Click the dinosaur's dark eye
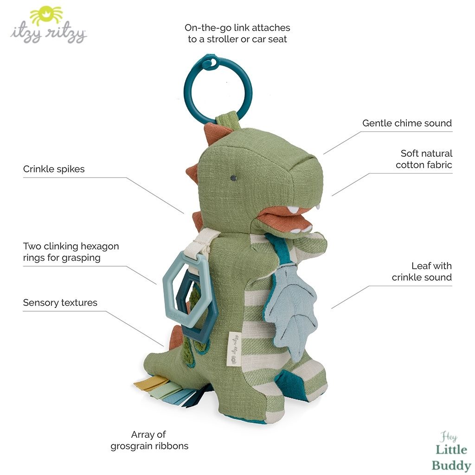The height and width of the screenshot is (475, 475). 233,178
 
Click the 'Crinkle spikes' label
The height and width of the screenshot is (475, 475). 54,169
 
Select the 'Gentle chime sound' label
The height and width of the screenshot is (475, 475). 407,123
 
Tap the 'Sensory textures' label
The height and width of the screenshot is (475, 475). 60,302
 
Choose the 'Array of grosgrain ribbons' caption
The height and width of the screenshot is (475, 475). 149,440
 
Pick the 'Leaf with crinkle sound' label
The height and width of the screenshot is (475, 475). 422,271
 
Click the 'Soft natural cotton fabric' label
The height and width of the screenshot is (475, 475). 424,159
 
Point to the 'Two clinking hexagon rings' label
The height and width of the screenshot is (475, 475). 71,252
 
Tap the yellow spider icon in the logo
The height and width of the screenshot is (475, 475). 46,15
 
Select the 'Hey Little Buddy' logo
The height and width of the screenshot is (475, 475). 451,451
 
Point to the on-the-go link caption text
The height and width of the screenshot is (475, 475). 237,33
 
